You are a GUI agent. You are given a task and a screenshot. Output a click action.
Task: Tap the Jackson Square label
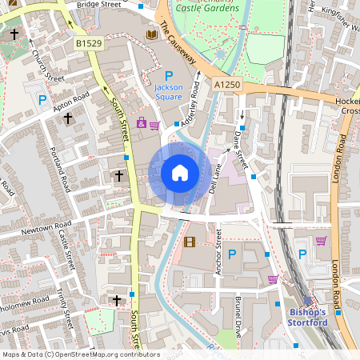[x=169, y=92]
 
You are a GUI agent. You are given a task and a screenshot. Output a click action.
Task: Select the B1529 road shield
[x=90, y=42]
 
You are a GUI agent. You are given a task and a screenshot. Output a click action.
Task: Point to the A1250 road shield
[x=226, y=84]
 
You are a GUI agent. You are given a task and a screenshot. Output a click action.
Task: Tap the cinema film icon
[x=189, y=242]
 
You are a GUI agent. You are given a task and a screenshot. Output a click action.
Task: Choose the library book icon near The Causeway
[x=152, y=35]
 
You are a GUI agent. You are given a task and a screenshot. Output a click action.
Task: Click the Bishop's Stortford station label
[x=308, y=317]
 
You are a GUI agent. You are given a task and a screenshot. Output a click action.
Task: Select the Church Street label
[x=47, y=67]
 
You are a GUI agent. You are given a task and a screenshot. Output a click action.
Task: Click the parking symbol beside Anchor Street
[x=232, y=254]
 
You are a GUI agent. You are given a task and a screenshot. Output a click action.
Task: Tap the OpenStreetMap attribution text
[x=81, y=354]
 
